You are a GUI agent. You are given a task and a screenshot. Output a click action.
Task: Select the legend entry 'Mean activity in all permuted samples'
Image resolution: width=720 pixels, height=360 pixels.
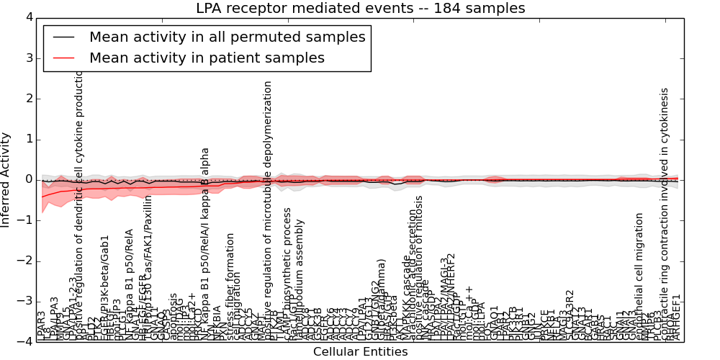point(227,37)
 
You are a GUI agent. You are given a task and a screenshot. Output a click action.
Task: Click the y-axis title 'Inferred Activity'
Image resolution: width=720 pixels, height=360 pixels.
point(6,179)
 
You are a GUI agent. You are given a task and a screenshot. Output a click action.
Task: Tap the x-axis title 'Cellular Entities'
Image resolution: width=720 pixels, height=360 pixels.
point(360,352)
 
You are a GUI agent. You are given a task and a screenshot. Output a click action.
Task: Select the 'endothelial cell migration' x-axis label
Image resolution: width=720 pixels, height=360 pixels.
point(639,276)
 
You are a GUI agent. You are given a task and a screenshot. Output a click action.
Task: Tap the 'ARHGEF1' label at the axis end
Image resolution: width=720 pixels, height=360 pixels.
point(675,318)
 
